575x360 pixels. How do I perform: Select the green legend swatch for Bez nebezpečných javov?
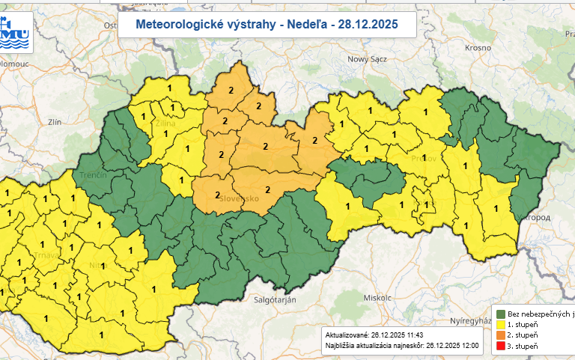click(500, 314)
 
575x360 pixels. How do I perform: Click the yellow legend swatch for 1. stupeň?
click(500, 325)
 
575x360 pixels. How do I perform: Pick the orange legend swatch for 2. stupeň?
click(500, 336)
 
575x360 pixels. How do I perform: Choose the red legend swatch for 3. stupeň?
click(500, 347)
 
